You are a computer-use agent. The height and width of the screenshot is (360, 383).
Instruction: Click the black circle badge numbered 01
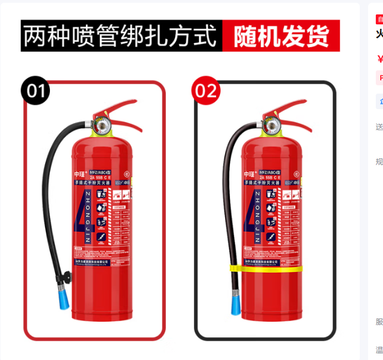pos(35,91)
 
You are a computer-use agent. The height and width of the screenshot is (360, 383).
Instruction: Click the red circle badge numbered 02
pos(206,91)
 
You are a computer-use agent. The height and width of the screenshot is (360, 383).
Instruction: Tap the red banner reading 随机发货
pos(281,37)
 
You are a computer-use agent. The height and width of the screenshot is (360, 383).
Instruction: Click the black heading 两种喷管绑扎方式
pos(121,37)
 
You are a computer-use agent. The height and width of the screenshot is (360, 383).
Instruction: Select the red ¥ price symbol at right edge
pos(380,59)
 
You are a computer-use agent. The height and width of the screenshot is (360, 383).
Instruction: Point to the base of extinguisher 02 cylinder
pos(272,316)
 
